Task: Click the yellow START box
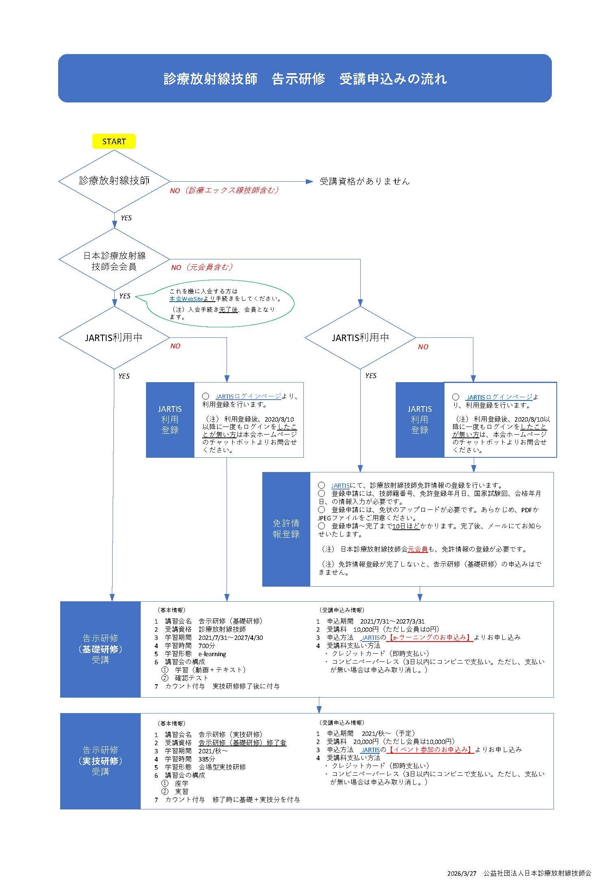tap(114, 141)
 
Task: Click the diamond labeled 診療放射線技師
tap(114, 181)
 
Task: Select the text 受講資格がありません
tap(364, 181)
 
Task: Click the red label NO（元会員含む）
tap(202, 267)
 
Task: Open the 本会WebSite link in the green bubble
tap(186, 298)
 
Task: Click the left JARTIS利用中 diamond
tap(114, 337)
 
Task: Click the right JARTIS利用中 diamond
tap(360, 337)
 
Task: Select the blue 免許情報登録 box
tap(286, 529)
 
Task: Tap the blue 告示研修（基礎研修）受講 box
tap(100, 649)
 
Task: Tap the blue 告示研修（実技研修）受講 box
tap(100, 761)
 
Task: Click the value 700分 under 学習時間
tap(207, 646)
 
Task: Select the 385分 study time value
tap(207, 759)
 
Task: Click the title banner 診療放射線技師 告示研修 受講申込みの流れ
tap(305, 78)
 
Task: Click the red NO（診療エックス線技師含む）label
tap(224, 190)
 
